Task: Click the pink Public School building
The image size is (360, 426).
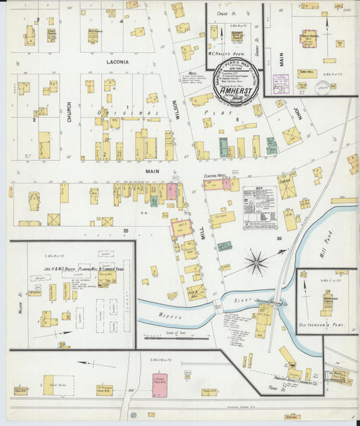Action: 310,41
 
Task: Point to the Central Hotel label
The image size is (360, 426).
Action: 215,176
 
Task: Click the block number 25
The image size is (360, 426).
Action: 126,231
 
